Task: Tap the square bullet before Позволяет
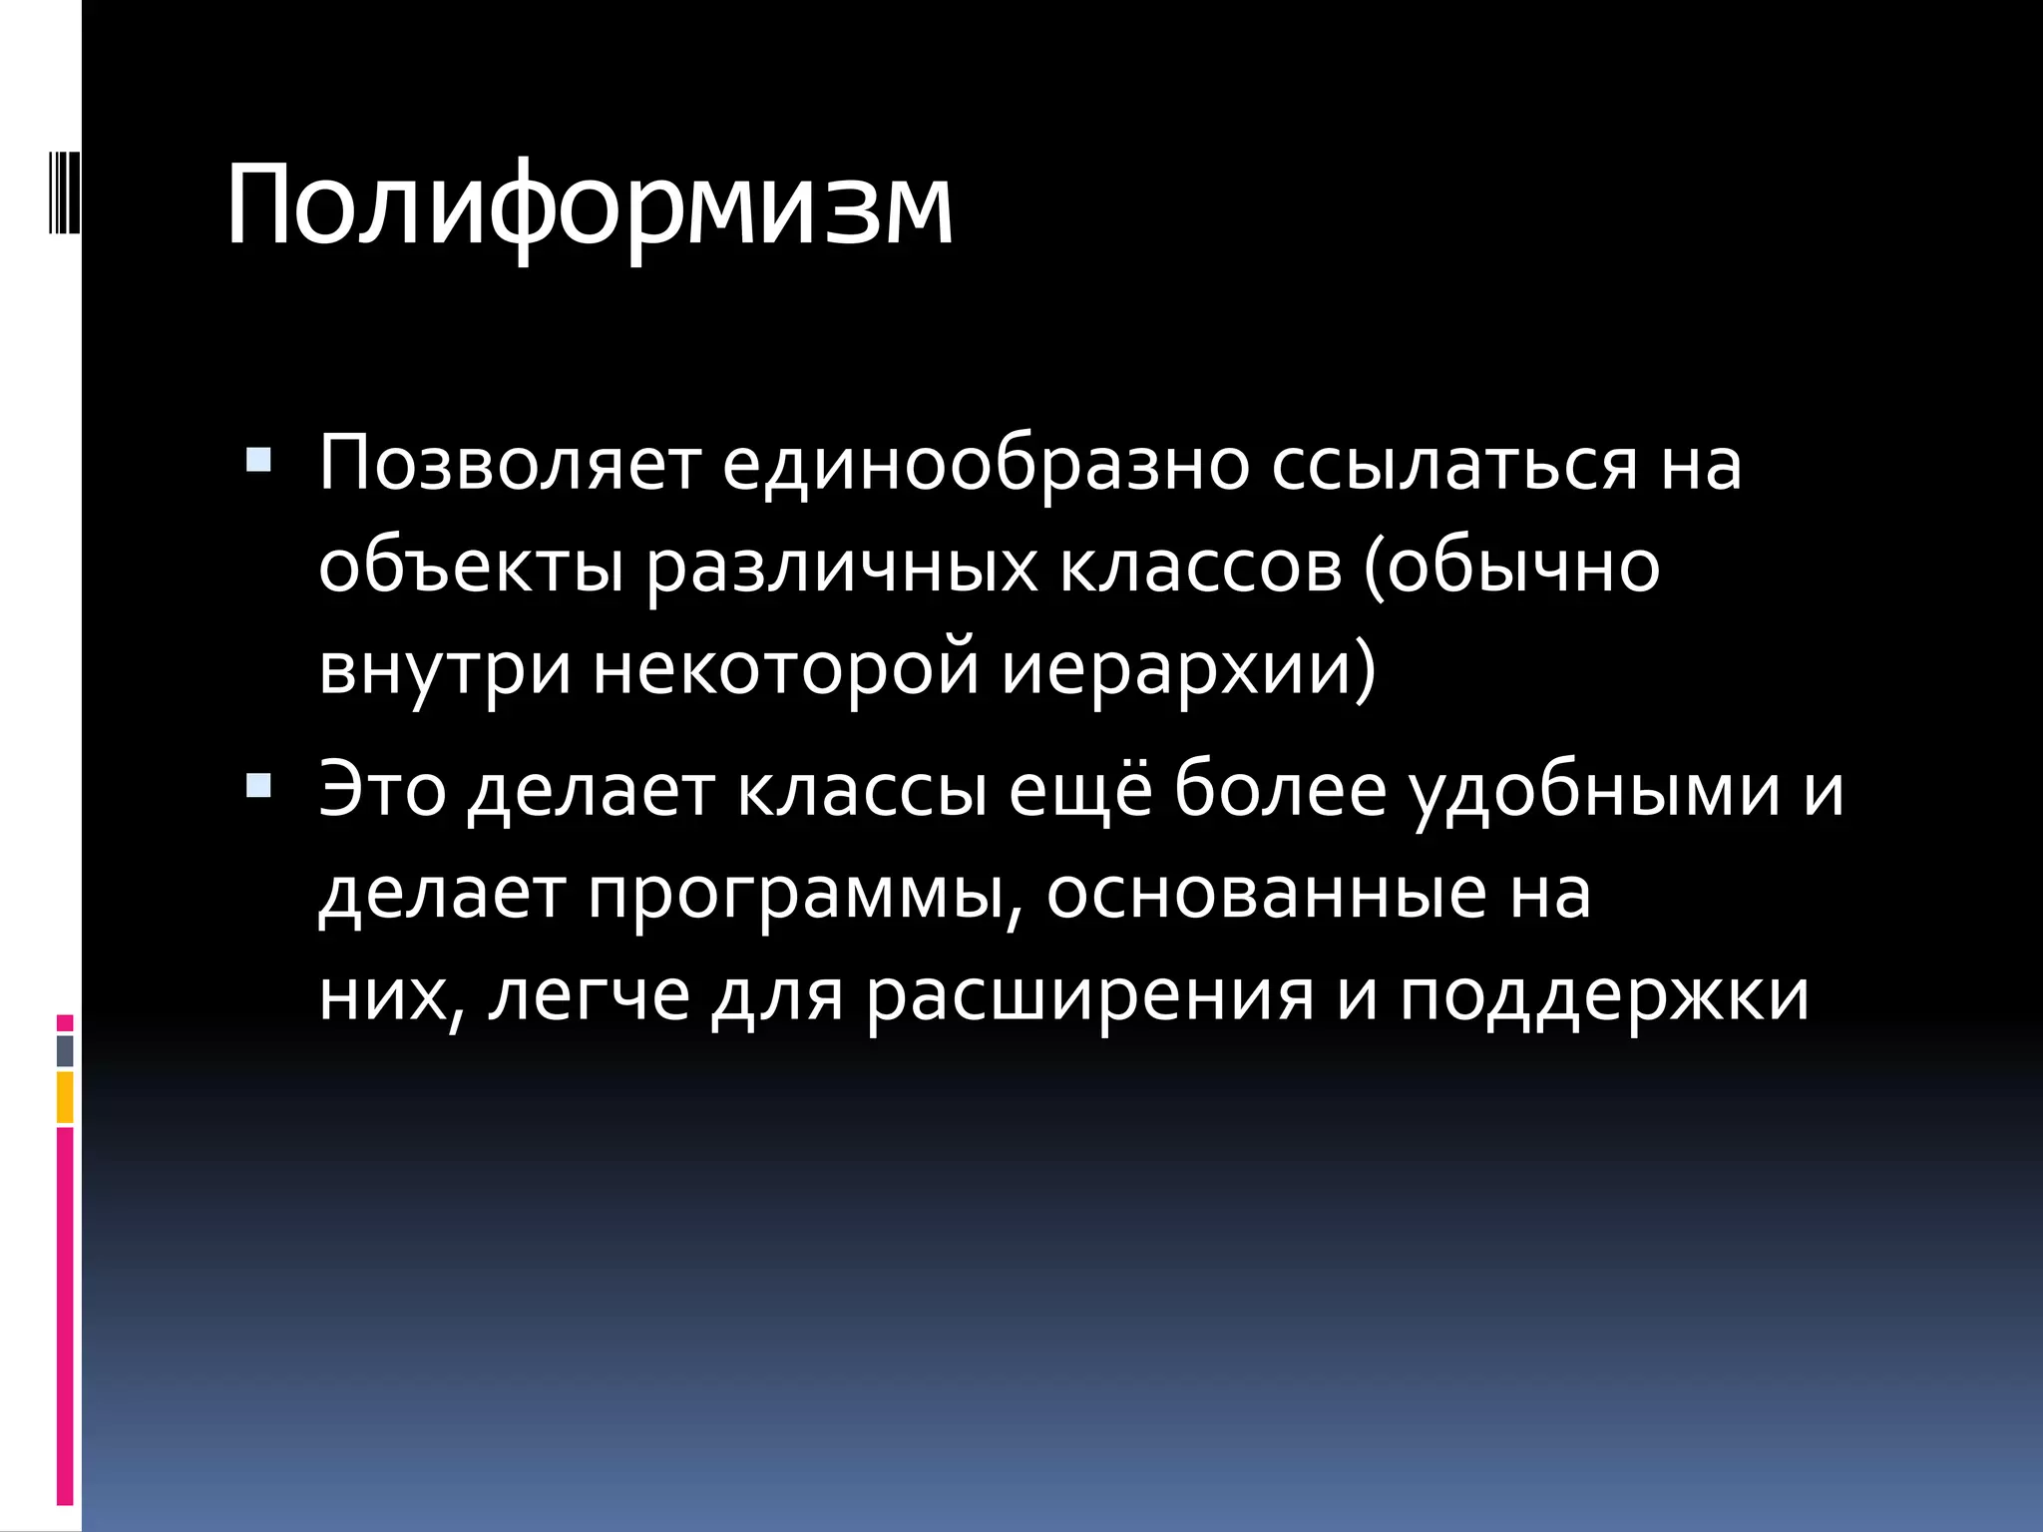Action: (257, 460)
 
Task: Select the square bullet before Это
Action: (257, 787)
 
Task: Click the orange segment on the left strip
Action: (65, 1097)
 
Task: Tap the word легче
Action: (589, 997)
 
